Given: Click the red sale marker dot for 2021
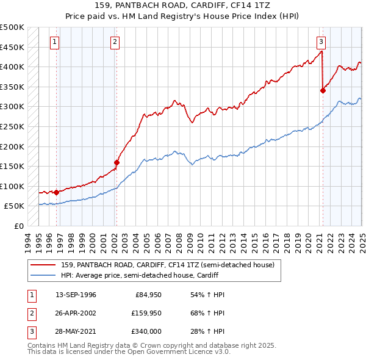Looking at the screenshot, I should pyautogui.click(x=323, y=91).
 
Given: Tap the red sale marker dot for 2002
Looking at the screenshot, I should pyautogui.click(x=116, y=162).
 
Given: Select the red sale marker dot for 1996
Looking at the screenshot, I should pyautogui.click(x=56, y=192).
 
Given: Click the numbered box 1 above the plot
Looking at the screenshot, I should pyautogui.click(x=55, y=42).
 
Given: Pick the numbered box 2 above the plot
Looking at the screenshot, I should pyautogui.click(x=115, y=42).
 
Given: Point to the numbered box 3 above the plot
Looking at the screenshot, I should pyautogui.click(x=321, y=42).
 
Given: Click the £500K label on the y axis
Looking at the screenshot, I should pyautogui.click(x=12, y=27).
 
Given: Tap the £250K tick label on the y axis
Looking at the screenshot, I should pyautogui.click(x=12, y=127).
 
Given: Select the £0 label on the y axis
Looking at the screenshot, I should pyautogui.click(x=18, y=226).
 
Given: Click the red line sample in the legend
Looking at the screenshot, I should pyautogui.click(x=43, y=265).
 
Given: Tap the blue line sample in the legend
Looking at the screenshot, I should pyautogui.click(x=43, y=275).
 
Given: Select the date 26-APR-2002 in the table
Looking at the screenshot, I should pyautogui.click(x=76, y=313).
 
